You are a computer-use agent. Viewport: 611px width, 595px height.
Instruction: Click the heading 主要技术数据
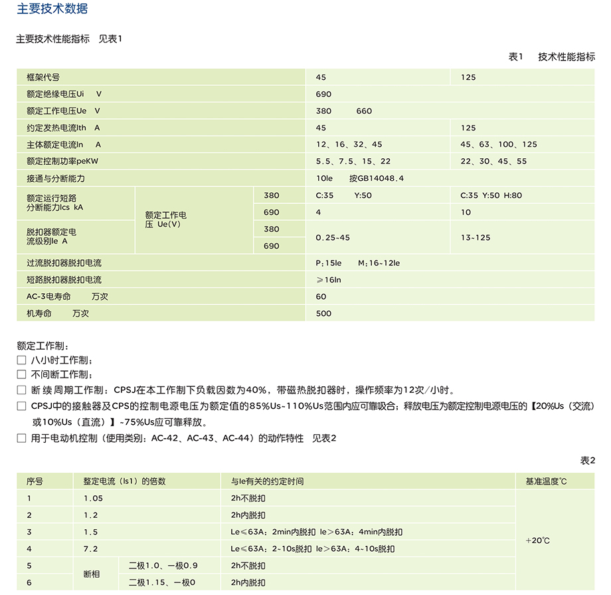pos(52,9)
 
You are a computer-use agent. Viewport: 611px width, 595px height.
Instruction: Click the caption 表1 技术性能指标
pos(551,57)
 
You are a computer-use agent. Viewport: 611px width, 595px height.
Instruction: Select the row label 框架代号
pos(43,77)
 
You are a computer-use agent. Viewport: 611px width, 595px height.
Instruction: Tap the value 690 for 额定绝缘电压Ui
pos(323,94)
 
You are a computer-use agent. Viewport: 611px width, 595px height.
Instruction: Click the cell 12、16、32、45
pos(349,145)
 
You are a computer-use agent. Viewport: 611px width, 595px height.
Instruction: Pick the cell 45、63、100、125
pos(499,145)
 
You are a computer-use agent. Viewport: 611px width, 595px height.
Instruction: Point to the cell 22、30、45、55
pos(493,162)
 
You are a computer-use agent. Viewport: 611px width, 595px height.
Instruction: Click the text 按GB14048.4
pos(376,179)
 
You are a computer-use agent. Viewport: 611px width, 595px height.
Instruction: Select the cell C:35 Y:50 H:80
pos(491,195)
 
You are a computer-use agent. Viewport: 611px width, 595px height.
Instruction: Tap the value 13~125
pos(475,237)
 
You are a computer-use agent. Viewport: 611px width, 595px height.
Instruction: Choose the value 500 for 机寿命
pos(323,314)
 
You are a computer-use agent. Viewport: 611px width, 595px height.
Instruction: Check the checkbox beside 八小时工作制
pos(21,360)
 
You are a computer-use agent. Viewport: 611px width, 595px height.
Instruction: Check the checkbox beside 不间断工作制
pos(21,375)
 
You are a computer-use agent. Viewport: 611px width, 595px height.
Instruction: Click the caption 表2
pos(588,461)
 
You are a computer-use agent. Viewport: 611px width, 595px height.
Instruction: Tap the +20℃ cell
pos(537,540)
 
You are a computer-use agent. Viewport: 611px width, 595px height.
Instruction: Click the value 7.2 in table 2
pos(90,549)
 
